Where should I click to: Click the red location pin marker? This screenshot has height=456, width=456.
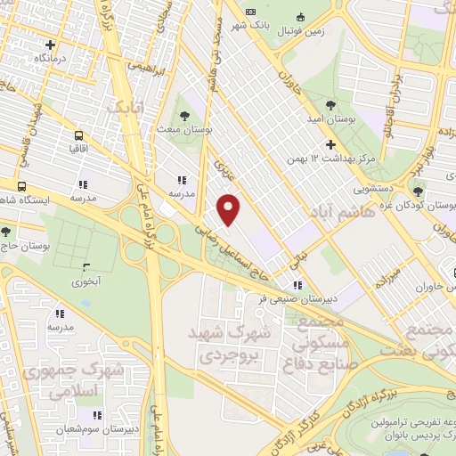click(x=230, y=209)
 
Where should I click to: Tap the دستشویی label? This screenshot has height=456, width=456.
click(x=366, y=190)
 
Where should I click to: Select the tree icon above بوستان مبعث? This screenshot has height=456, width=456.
click(x=184, y=117)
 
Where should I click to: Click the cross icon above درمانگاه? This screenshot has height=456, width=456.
click(x=51, y=44)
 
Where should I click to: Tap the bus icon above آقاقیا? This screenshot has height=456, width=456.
click(x=78, y=136)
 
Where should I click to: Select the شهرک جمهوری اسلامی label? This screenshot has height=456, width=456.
click(x=64, y=379)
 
